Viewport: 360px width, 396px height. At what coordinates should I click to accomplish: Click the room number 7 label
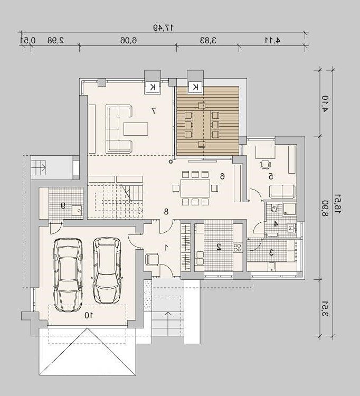tap(154, 110)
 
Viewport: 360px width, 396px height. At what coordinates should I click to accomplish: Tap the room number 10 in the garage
tap(89, 315)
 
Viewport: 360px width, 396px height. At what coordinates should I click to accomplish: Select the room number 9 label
tap(63, 205)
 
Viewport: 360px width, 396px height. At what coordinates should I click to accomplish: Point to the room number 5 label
tap(271, 176)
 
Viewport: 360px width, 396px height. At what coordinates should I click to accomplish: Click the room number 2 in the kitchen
tap(219, 247)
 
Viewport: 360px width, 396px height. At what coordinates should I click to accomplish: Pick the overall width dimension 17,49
tap(163, 27)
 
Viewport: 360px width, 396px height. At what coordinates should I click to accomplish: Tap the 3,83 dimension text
tap(209, 40)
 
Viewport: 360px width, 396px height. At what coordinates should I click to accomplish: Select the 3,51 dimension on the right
tap(325, 309)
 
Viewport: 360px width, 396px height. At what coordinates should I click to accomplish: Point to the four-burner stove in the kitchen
tap(238, 247)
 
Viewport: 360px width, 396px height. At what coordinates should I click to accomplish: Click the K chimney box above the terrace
tap(195, 88)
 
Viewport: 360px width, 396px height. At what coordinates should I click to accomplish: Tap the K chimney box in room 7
tap(153, 88)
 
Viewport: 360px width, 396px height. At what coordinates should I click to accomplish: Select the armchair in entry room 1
tap(152, 259)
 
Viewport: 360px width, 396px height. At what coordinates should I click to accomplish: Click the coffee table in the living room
tap(136, 129)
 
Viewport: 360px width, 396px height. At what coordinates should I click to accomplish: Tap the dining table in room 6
tap(195, 188)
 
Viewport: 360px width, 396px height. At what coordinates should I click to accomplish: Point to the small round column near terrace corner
tap(171, 162)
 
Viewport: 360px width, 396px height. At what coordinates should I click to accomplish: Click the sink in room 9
tap(77, 210)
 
